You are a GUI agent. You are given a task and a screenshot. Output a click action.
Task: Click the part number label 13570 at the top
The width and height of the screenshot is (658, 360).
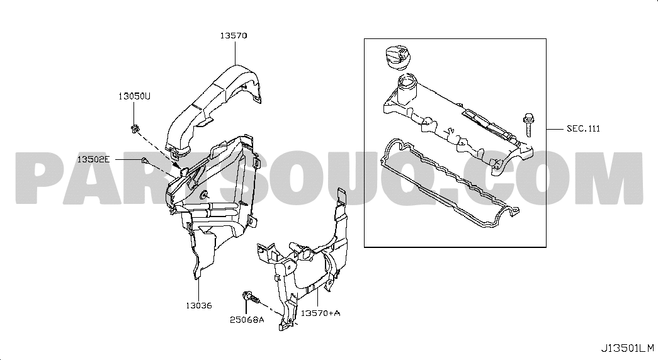[x=234, y=36]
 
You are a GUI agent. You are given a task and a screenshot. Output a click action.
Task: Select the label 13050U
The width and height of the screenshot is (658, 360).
[x=134, y=96]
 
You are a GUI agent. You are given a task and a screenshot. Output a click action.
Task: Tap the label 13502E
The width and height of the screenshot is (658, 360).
[x=93, y=159]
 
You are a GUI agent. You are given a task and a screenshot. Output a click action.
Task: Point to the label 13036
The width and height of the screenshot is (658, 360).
[x=199, y=305]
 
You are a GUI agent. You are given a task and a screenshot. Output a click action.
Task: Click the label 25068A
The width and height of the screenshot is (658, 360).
[x=247, y=320]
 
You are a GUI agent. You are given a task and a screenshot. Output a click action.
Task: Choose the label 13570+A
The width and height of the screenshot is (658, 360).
[x=320, y=313]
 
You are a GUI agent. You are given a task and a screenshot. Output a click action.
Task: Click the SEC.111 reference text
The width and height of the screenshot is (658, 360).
[x=583, y=129]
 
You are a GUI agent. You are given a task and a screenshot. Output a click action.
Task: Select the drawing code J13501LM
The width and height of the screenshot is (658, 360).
[x=628, y=348]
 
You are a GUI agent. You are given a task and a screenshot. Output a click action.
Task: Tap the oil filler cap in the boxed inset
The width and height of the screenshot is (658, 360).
[x=395, y=58]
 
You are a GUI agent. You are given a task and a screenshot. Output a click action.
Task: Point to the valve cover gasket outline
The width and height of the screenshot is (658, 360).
[x=449, y=184]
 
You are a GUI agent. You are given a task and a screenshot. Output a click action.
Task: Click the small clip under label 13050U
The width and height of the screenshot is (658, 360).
[x=134, y=128]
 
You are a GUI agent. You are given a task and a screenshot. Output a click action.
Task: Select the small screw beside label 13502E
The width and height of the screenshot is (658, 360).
[x=144, y=160]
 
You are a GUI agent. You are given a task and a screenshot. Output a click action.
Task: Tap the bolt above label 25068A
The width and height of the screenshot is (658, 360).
[x=251, y=297]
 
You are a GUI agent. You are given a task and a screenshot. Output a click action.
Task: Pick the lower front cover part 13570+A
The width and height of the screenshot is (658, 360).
[x=303, y=260]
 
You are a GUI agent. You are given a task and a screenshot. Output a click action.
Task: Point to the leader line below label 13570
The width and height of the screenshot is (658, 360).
[x=235, y=52]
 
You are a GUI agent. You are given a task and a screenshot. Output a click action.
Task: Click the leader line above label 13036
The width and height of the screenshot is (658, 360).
[x=199, y=290]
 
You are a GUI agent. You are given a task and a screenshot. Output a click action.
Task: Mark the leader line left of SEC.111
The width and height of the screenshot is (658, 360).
[x=555, y=128]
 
